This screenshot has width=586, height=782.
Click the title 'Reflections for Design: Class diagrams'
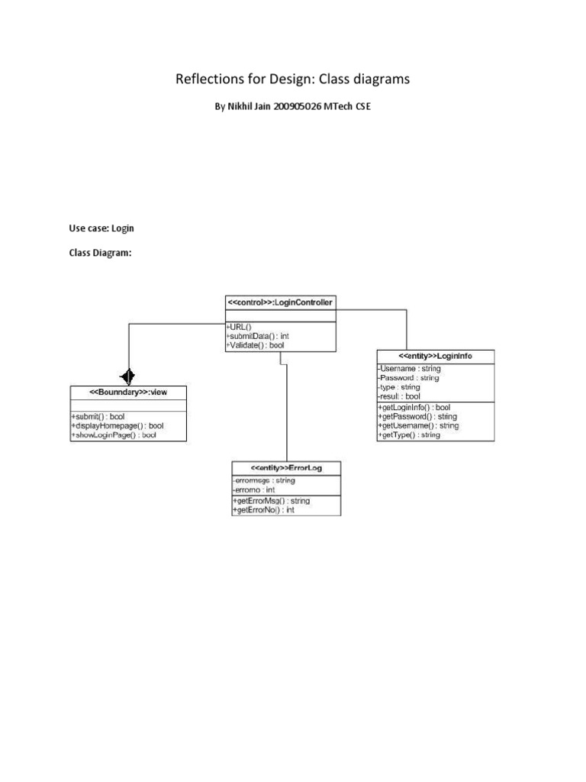(293, 80)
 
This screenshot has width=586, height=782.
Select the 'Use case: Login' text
(101, 228)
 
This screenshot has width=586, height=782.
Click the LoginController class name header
(280, 302)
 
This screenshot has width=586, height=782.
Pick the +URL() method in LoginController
(240, 327)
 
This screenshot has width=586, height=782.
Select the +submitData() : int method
(257, 336)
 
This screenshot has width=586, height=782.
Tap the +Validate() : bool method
(256, 345)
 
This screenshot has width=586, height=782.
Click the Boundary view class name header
(127, 392)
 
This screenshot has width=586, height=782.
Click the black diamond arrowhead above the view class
(127, 375)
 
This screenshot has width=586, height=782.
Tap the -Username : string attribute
(408, 369)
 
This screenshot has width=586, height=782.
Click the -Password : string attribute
(408, 378)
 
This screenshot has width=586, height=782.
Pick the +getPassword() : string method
(417, 417)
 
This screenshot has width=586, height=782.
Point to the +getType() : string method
(409, 435)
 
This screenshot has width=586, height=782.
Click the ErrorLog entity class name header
(286, 467)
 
